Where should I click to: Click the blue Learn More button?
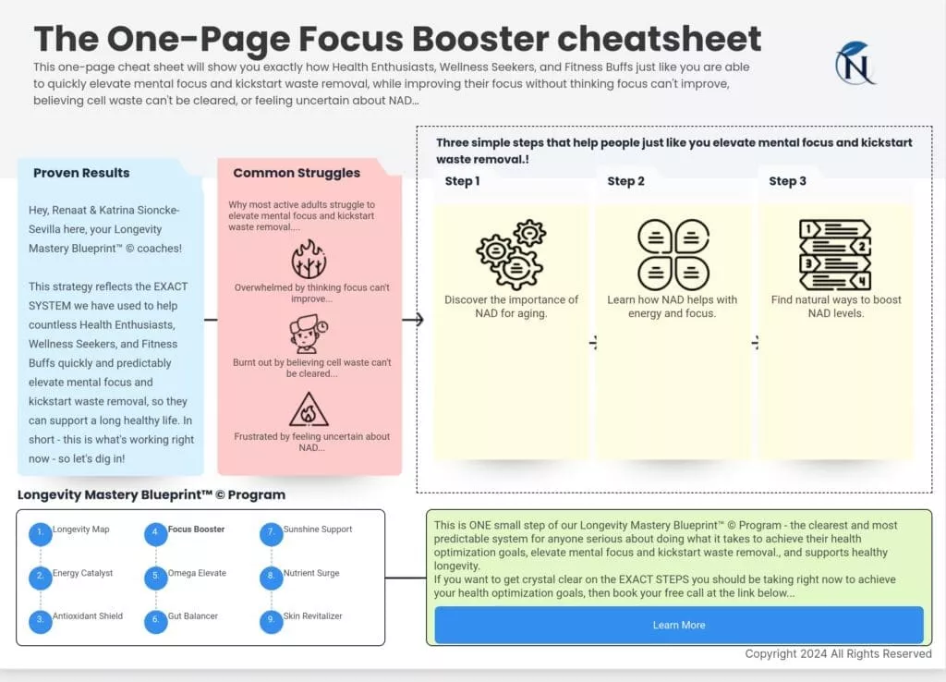click(x=678, y=625)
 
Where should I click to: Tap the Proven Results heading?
click(x=81, y=173)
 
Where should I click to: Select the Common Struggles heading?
click(x=297, y=173)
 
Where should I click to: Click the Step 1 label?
click(x=462, y=181)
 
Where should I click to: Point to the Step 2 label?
click(x=625, y=181)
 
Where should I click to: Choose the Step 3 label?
click(x=787, y=181)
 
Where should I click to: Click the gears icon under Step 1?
click(x=511, y=253)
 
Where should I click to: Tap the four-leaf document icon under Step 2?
click(x=673, y=253)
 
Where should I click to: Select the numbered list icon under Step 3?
click(x=834, y=253)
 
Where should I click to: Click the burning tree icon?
click(x=309, y=260)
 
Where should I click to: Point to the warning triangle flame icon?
click(x=309, y=410)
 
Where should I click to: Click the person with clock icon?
click(x=309, y=334)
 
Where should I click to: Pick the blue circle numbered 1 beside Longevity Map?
click(x=40, y=534)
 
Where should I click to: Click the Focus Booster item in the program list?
click(x=196, y=530)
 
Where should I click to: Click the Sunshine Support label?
click(x=318, y=530)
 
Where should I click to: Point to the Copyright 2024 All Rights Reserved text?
click(x=838, y=653)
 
